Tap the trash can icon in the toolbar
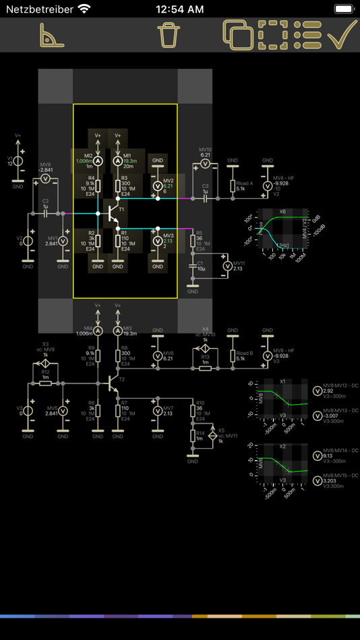[169, 34]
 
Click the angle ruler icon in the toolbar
[51, 34]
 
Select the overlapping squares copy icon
[237, 34]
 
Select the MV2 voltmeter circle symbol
[158, 185]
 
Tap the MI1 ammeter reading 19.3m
[118, 162]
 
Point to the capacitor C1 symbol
[193, 267]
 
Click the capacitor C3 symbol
[206, 198]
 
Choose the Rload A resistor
[233, 187]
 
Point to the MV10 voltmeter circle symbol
[206, 164]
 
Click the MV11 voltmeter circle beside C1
[227, 267]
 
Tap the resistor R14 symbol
[193, 438]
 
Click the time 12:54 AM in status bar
[179, 9]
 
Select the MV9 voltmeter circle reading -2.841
[45, 180]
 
